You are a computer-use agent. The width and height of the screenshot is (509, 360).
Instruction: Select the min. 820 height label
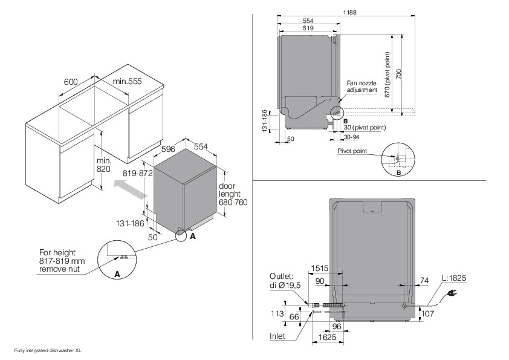(103, 165)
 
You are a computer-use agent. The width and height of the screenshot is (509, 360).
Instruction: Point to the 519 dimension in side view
(307, 28)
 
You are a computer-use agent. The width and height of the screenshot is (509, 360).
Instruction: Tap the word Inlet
(279, 335)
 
